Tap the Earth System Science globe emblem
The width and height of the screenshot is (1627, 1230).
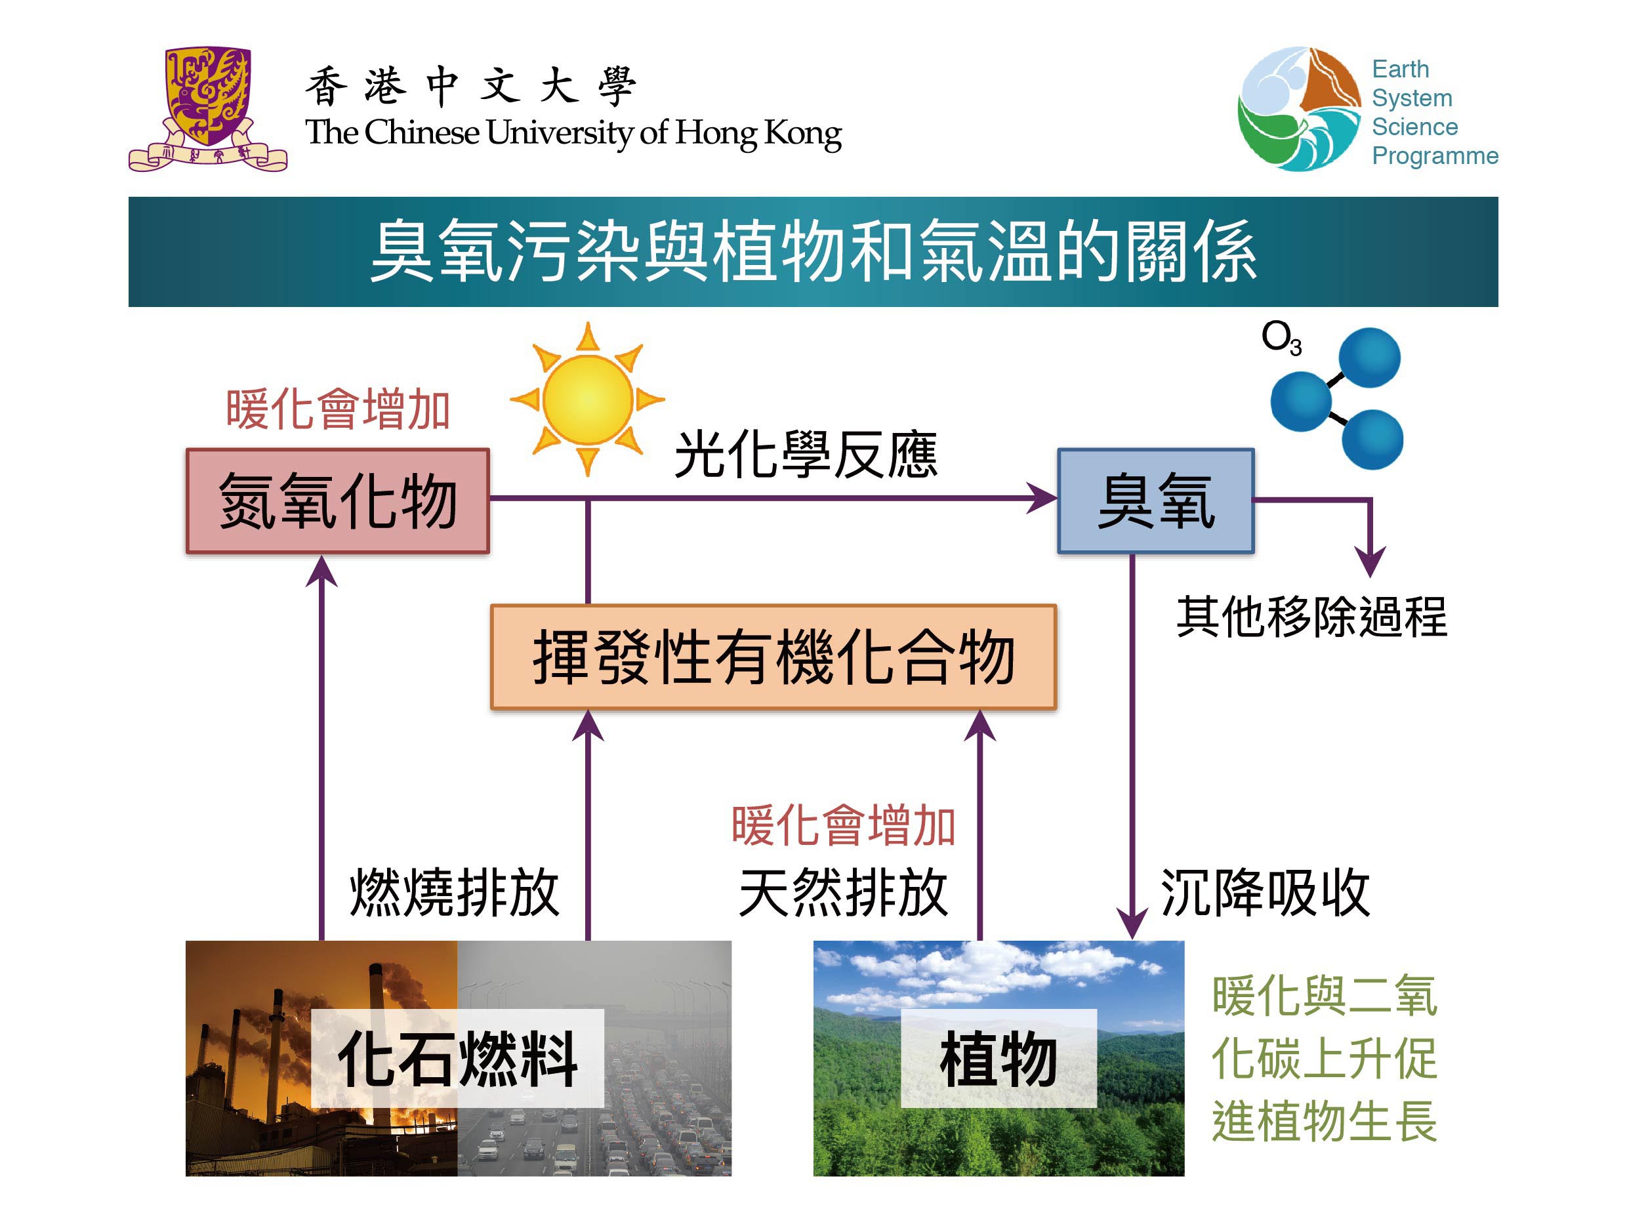pyautogui.click(x=1299, y=109)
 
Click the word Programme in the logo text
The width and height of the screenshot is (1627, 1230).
pyautogui.click(x=1435, y=157)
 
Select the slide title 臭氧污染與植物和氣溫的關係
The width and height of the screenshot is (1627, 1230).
pyautogui.click(x=813, y=252)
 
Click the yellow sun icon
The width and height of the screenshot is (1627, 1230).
pyautogui.click(x=587, y=399)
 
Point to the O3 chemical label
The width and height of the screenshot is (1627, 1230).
pyautogui.click(x=1281, y=338)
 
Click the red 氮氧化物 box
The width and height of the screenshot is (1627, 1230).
pyautogui.click(x=338, y=501)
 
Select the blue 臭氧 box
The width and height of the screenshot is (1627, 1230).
pyautogui.click(x=1155, y=501)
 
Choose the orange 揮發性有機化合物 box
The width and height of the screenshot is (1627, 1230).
pyautogui.click(x=773, y=657)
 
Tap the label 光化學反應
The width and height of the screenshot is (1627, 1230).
pyautogui.click(x=806, y=455)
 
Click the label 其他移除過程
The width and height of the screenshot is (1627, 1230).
pyautogui.click(x=1311, y=617)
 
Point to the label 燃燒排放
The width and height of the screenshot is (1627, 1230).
pyautogui.click(x=455, y=892)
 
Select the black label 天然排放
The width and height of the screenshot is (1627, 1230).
pyautogui.click(x=844, y=892)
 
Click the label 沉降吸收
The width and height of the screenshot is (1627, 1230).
pyautogui.click(x=1265, y=892)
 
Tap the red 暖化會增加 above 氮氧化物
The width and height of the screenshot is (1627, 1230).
pyautogui.click(x=338, y=409)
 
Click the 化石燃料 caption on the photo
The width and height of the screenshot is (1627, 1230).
pyautogui.click(x=457, y=1059)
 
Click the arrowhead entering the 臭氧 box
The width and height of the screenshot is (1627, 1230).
pyautogui.click(x=1043, y=498)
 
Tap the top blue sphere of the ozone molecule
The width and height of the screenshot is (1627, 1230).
pyautogui.click(x=1369, y=358)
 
